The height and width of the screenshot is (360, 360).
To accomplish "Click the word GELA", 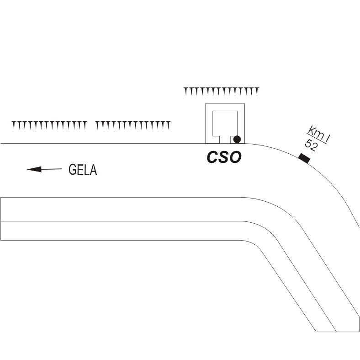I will [83, 170].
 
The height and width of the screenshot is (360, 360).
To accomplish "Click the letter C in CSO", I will [212, 157].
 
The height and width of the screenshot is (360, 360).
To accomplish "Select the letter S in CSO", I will [224, 157].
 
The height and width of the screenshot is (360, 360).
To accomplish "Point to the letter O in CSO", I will [235, 157].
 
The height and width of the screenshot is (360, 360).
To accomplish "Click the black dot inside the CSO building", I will [237, 139].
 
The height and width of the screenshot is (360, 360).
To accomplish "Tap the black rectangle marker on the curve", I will [304, 158].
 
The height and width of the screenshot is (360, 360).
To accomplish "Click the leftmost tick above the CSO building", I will [185, 91].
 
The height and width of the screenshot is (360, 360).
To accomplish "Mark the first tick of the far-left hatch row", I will [13, 124].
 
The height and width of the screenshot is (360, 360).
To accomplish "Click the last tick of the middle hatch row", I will [169, 124].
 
